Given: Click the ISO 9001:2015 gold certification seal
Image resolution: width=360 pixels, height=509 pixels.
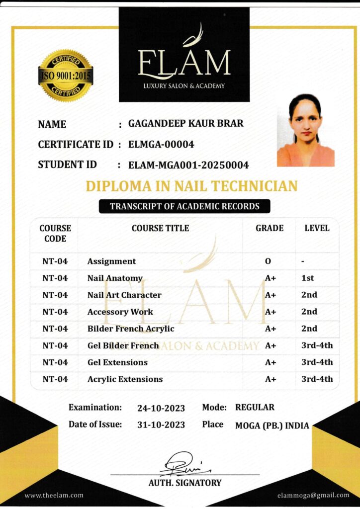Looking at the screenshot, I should point(66,76).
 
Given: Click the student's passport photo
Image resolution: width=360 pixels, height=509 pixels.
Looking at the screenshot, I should point(305,130).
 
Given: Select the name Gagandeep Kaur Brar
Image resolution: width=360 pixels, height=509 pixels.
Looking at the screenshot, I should point(186,123).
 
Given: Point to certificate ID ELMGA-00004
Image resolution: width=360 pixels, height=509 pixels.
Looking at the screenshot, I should point(161,144).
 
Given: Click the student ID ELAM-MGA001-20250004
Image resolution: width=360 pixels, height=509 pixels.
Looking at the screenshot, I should point(188,165).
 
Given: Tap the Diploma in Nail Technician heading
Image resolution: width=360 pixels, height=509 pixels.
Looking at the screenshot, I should point(191,186).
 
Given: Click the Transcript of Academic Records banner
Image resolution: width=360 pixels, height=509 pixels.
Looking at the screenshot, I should point(184,206).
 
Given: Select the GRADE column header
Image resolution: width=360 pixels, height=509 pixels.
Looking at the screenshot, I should point(270,228).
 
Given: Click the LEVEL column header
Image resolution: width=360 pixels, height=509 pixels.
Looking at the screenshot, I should point(317,228).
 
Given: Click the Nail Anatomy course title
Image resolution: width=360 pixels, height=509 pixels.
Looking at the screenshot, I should point(115,278).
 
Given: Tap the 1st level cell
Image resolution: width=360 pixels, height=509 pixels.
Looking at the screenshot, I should point(308,278).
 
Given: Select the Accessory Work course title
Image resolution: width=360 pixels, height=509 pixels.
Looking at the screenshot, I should point(120,312).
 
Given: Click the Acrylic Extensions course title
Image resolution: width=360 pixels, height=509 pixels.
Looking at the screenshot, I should point(125,379).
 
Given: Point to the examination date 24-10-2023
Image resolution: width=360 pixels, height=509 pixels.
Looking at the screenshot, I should point(161,409).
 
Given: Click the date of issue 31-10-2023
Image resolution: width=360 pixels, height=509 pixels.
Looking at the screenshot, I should point(161,425).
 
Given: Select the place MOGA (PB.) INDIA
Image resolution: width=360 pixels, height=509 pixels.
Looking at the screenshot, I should point(272,425).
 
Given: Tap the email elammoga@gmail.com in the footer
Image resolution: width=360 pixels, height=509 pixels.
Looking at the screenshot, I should point(313,495).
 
